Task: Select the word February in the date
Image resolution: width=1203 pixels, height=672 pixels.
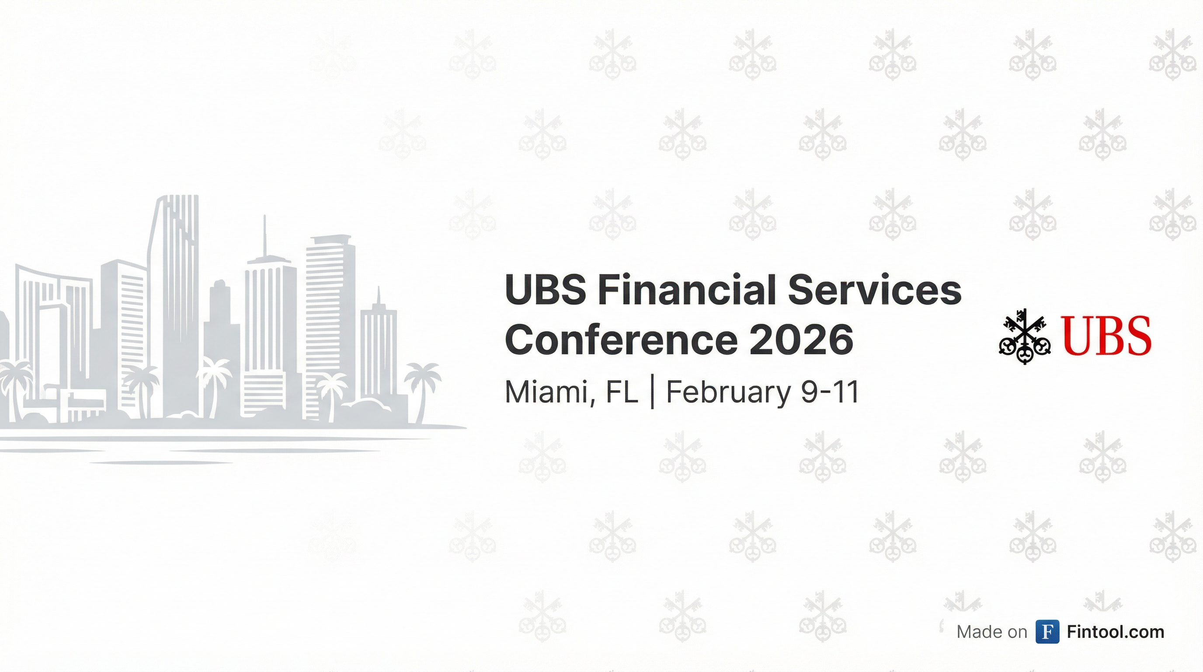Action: click(x=728, y=392)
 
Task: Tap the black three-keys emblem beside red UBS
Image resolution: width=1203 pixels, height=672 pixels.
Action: click(x=1025, y=336)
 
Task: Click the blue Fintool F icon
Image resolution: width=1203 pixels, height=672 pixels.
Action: click(x=1047, y=632)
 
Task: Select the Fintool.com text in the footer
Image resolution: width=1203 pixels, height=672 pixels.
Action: click(x=1116, y=632)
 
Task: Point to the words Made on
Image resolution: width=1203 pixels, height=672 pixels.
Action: click(x=992, y=632)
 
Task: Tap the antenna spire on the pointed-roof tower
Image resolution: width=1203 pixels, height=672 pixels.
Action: click(x=265, y=236)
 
